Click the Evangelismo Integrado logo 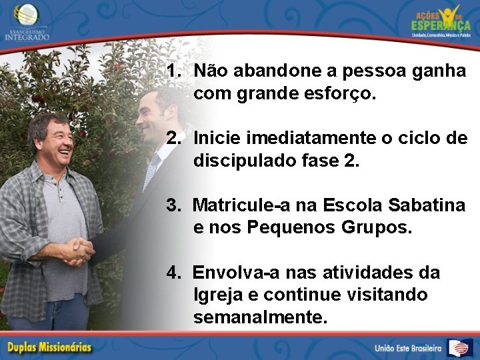[x=27, y=22]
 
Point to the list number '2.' [x=175, y=138]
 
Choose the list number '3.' [x=175, y=205]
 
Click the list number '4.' [x=175, y=272]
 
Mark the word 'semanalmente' [x=260, y=317]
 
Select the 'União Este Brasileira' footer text [x=408, y=348]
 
